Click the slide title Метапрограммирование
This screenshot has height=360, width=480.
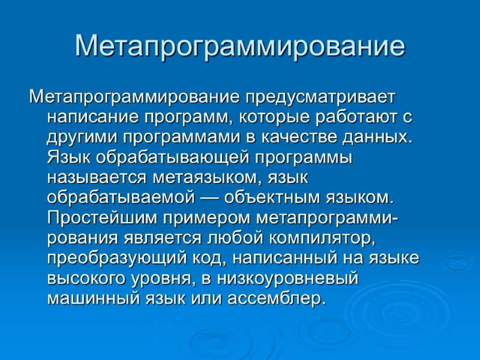[x=240, y=47]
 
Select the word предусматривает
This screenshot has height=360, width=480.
[x=320, y=96]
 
